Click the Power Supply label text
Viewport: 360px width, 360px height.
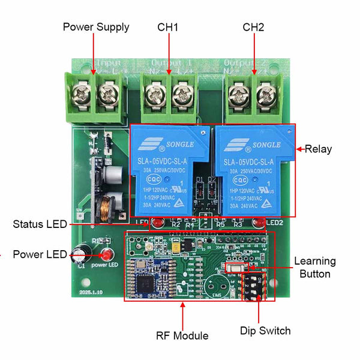click(x=96, y=27)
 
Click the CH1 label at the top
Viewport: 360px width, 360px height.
click(x=168, y=27)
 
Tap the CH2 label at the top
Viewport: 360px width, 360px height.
click(x=253, y=27)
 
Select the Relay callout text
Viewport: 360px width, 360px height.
click(x=318, y=149)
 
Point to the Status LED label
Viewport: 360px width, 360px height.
click(x=40, y=224)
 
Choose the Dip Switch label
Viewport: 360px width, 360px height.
click(x=265, y=331)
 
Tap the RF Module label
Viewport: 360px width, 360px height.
click(x=182, y=335)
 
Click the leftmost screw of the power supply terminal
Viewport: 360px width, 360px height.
click(x=81, y=92)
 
